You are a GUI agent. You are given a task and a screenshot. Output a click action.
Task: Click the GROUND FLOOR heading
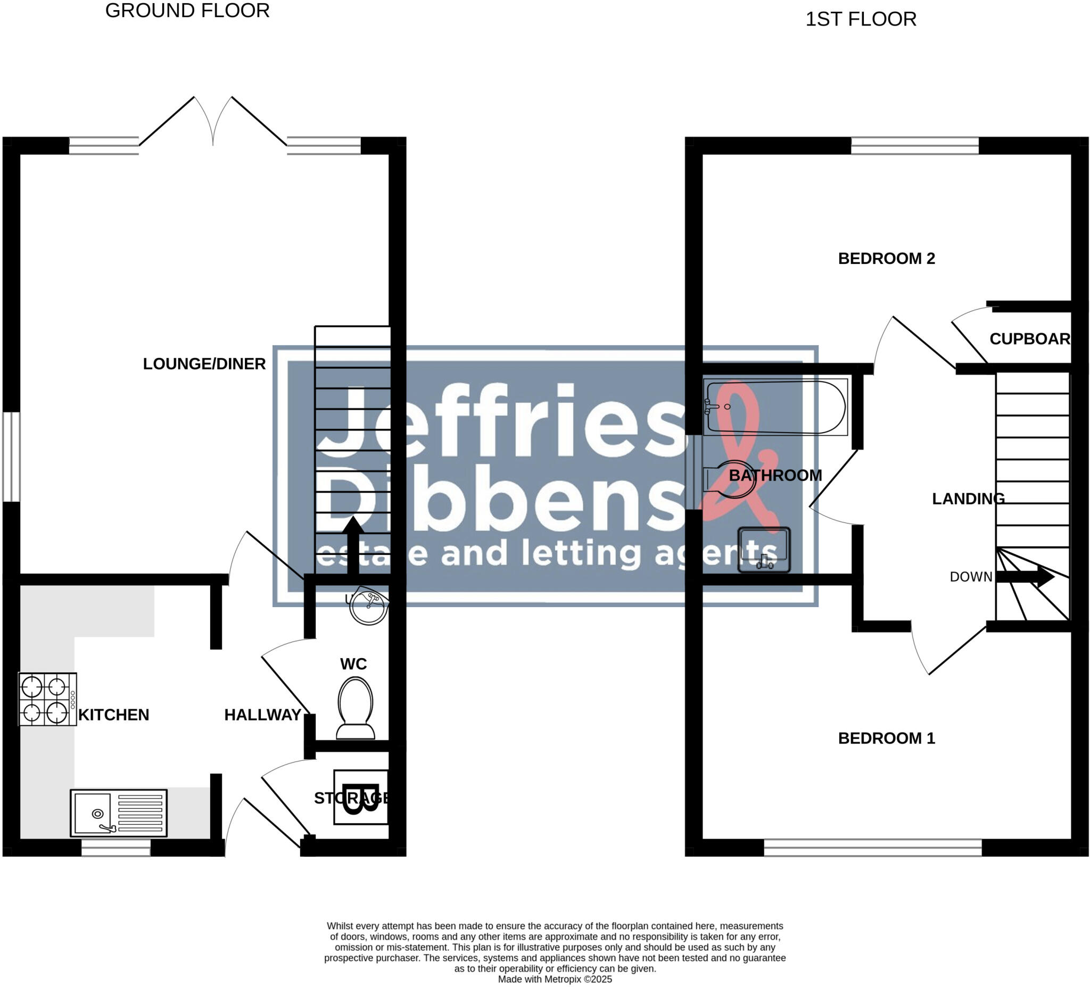187,11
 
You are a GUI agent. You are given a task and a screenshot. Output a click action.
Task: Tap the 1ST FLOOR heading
861,20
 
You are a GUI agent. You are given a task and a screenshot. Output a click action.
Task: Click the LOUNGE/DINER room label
204,364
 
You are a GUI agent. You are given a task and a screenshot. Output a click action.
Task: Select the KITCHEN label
113,715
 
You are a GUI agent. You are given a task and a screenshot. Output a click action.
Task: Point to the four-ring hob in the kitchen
47,699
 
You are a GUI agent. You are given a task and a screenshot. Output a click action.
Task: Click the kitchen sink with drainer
118,813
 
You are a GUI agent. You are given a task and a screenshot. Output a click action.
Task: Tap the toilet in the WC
355,708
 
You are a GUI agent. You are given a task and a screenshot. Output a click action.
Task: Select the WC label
353,664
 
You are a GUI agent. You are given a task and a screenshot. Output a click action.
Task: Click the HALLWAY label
263,715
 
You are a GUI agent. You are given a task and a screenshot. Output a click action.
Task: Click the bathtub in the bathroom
775,407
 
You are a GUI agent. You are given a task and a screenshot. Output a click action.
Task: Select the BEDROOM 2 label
886,259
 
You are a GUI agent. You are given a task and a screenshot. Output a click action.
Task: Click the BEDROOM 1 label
886,739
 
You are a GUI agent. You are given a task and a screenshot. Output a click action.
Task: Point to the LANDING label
968,499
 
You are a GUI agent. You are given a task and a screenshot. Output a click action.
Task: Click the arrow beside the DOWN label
1025,577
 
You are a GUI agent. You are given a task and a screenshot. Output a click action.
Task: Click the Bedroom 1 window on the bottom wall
872,848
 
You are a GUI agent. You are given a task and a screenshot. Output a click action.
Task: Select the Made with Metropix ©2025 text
555,979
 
